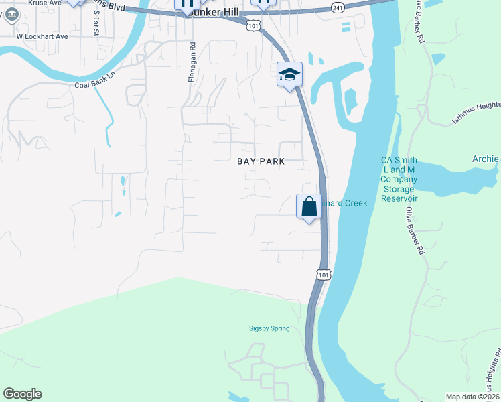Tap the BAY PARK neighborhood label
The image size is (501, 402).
tap(261, 161)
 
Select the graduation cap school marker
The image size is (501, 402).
tap(290, 74)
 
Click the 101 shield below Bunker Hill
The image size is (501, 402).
tap(252, 25)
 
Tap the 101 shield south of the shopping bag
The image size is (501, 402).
tap(323, 275)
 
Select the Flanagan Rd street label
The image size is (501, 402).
tap(192, 64)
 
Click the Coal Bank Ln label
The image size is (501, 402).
tap(95, 84)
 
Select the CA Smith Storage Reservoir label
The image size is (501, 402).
tap(399, 179)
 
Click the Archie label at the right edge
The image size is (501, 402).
tap(486, 159)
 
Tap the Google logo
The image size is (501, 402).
tap(22, 394)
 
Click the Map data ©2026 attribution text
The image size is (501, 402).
tap(473, 397)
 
